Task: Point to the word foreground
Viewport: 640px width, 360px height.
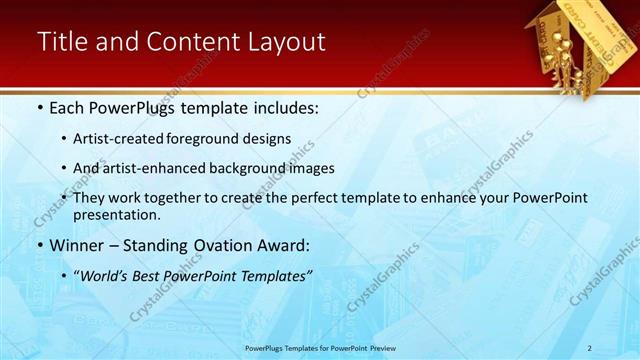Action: point(212,138)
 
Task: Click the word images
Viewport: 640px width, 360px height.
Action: point(312,168)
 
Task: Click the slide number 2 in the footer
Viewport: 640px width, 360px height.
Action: point(590,348)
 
